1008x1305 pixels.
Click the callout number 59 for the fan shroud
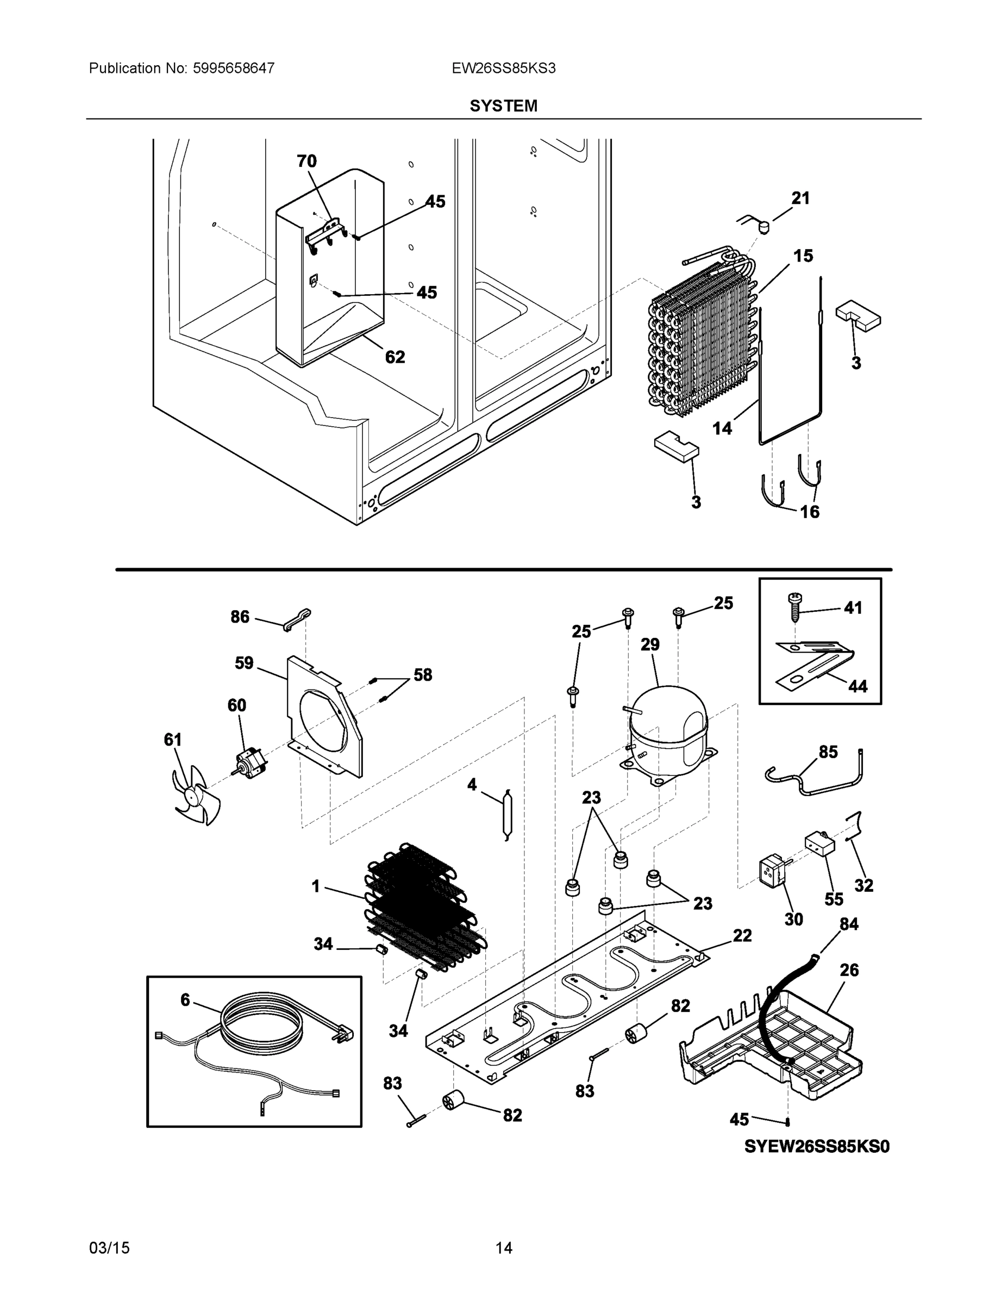(x=243, y=663)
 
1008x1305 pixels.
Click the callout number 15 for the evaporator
(x=803, y=256)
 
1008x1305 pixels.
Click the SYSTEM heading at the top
(x=503, y=106)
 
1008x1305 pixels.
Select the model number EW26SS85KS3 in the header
(x=503, y=68)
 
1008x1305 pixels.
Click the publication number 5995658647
(x=234, y=68)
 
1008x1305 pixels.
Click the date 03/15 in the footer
(x=109, y=1248)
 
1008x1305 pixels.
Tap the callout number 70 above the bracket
(x=306, y=161)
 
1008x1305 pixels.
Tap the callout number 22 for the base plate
(x=742, y=935)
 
